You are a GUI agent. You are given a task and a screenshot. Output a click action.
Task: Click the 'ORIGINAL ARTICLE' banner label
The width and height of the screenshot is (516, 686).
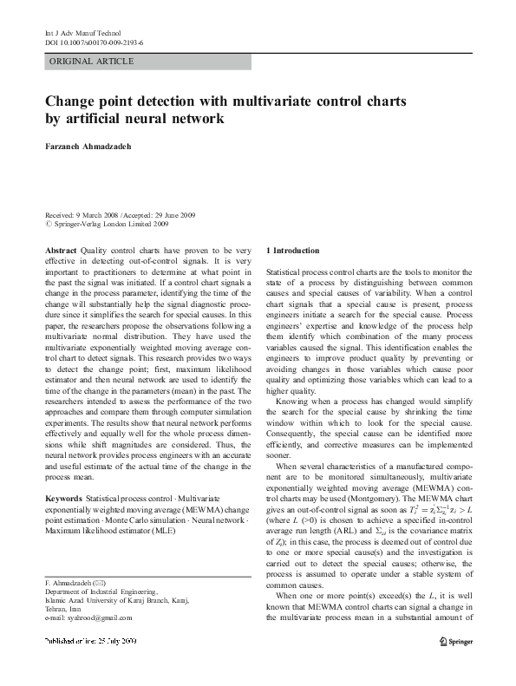click(x=92, y=62)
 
